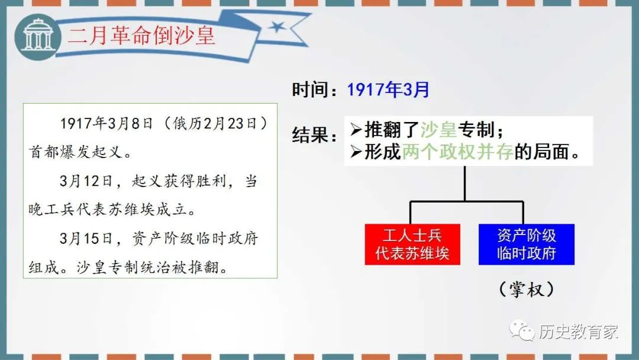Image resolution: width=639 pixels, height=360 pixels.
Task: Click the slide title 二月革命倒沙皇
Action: pyautogui.click(x=141, y=36)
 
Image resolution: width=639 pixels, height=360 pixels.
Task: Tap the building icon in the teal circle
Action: pyautogui.click(x=38, y=36)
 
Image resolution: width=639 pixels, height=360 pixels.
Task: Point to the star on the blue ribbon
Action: pyautogui.click(x=277, y=27)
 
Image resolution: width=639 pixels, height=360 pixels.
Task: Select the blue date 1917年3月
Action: pyautogui.click(x=388, y=89)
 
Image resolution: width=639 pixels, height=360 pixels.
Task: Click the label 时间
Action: pyautogui.click(x=310, y=89)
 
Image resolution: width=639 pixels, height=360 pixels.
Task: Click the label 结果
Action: pyautogui.click(x=310, y=134)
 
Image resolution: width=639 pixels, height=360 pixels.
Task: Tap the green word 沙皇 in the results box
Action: pyautogui.click(x=438, y=130)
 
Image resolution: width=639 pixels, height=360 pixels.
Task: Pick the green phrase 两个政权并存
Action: pyautogui.click(x=457, y=152)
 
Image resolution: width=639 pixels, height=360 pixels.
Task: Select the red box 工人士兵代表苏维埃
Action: pyautogui.click(x=412, y=244)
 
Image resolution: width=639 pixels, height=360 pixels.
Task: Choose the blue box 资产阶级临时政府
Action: pyautogui.click(x=527, y=244)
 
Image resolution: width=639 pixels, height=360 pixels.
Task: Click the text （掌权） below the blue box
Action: pyautogui.click(x=527, y=290)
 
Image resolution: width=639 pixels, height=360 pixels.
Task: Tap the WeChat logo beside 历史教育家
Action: pyautogui.click(x=522, y=330)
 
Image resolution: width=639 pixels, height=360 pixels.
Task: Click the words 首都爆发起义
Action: pyautogui.click(x=75, y=152)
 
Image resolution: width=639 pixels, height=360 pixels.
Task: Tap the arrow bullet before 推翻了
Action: pyautogui.click(x=356, y=130)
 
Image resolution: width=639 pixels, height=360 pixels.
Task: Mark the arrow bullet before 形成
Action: pyautogui.click(x=356, y=152)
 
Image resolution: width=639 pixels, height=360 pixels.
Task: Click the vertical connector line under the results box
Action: pyautogui.click(x=464, y=184)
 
